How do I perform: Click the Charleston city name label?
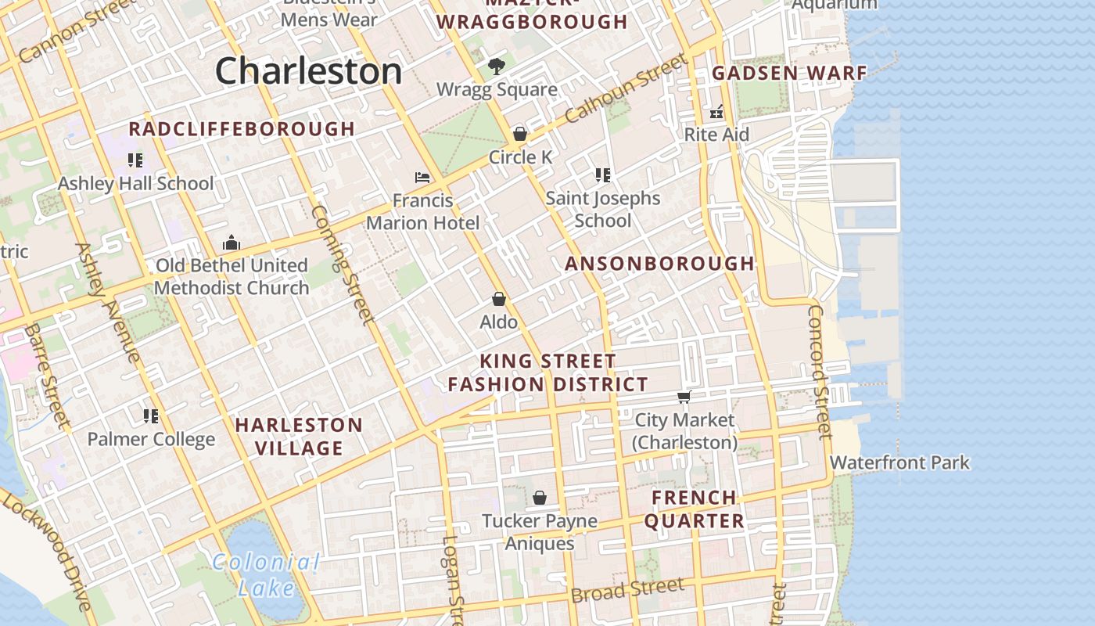[308, 71]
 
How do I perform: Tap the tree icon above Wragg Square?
[496, 67]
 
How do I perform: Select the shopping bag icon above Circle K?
[519, 134]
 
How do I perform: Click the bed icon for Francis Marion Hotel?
[422, 178]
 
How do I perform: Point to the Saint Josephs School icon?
[602, 174]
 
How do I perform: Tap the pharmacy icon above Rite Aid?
[716, 112]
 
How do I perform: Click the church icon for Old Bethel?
[231, 243]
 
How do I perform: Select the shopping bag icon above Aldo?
[498, 299]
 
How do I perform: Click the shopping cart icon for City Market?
[684, 397]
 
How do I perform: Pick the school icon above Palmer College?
[151, 416]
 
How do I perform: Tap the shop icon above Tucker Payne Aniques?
[539, 498]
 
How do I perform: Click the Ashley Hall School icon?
[135, 160]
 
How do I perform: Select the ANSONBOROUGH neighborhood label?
[659, 264]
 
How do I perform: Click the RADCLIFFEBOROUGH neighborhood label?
[242, 129]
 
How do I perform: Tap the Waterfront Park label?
[899, 462]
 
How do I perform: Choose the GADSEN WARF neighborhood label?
[789, 74]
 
